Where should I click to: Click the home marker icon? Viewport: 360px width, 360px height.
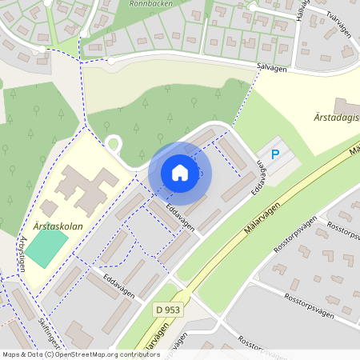(x=180, y=173)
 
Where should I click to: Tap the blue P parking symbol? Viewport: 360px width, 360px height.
(x=275, y=154)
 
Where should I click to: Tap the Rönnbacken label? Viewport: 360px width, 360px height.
(x=152, y=3)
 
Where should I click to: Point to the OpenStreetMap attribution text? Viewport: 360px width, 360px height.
(x=81, y=354)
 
